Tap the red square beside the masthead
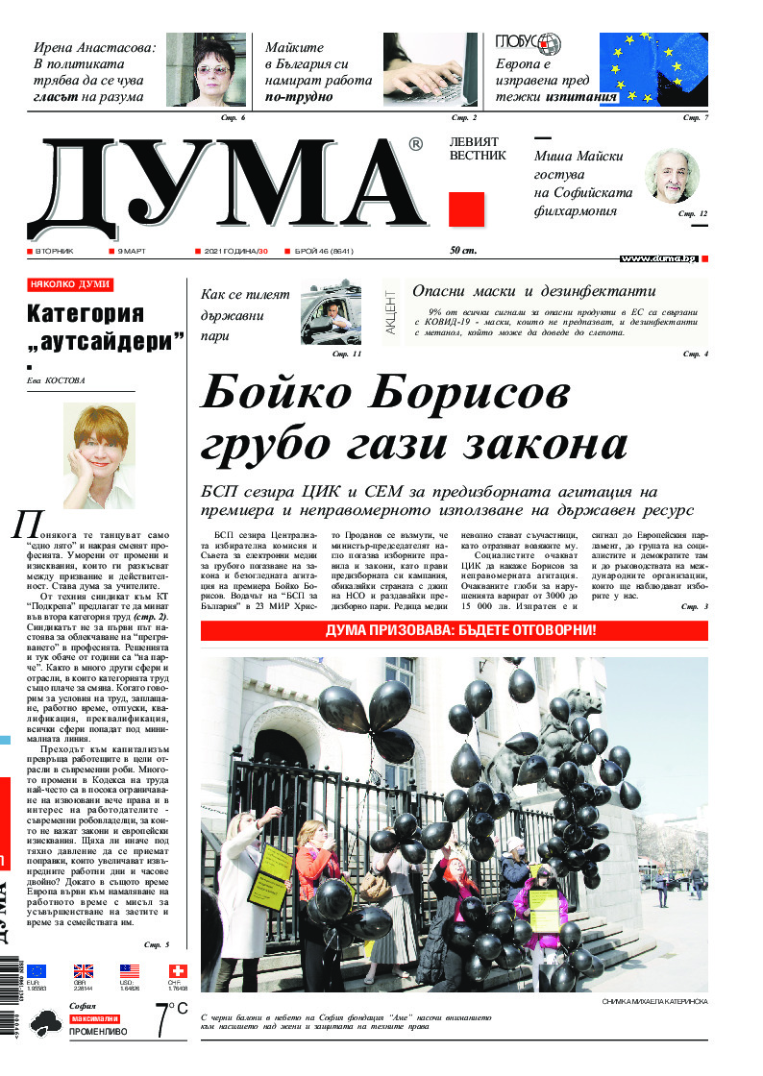[466, 209]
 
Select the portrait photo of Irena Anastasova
[206, 69]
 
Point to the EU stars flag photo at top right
[652, 69]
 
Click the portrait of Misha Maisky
[670, 175]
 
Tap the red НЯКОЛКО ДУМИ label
[70, 284]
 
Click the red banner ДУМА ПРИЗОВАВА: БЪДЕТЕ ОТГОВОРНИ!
[454, 631]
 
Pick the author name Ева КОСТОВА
[57, 380]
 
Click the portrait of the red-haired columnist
[98, 453]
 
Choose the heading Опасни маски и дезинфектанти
[533, 291]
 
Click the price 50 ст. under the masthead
[464, 251]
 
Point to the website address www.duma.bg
[658, 259]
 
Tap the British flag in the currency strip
[84, 970]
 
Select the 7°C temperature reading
[170, 1018]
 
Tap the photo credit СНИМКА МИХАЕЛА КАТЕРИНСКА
[654, 1002]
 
